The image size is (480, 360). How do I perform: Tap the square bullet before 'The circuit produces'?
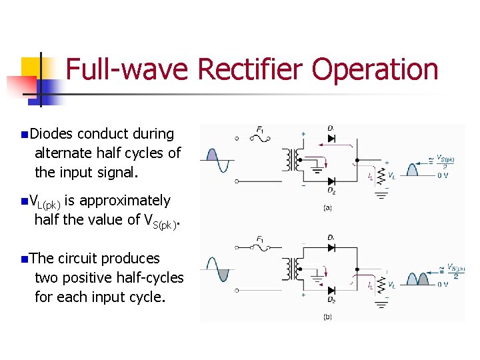click(25, 259)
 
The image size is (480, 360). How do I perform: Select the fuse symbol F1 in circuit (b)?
click(260, 247)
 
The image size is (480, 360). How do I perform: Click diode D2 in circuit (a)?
click(331, 181)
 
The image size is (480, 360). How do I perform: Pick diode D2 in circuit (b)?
click(331, 290)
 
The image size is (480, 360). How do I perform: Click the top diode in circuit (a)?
click(331, 139)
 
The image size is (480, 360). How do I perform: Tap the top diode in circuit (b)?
click(331, 247)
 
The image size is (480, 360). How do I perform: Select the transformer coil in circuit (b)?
click(291, 269)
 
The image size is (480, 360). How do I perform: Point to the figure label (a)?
click(327, 208)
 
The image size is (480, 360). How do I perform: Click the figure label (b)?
click(327, 317)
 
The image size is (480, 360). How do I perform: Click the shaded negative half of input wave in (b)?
click(223, 274)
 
